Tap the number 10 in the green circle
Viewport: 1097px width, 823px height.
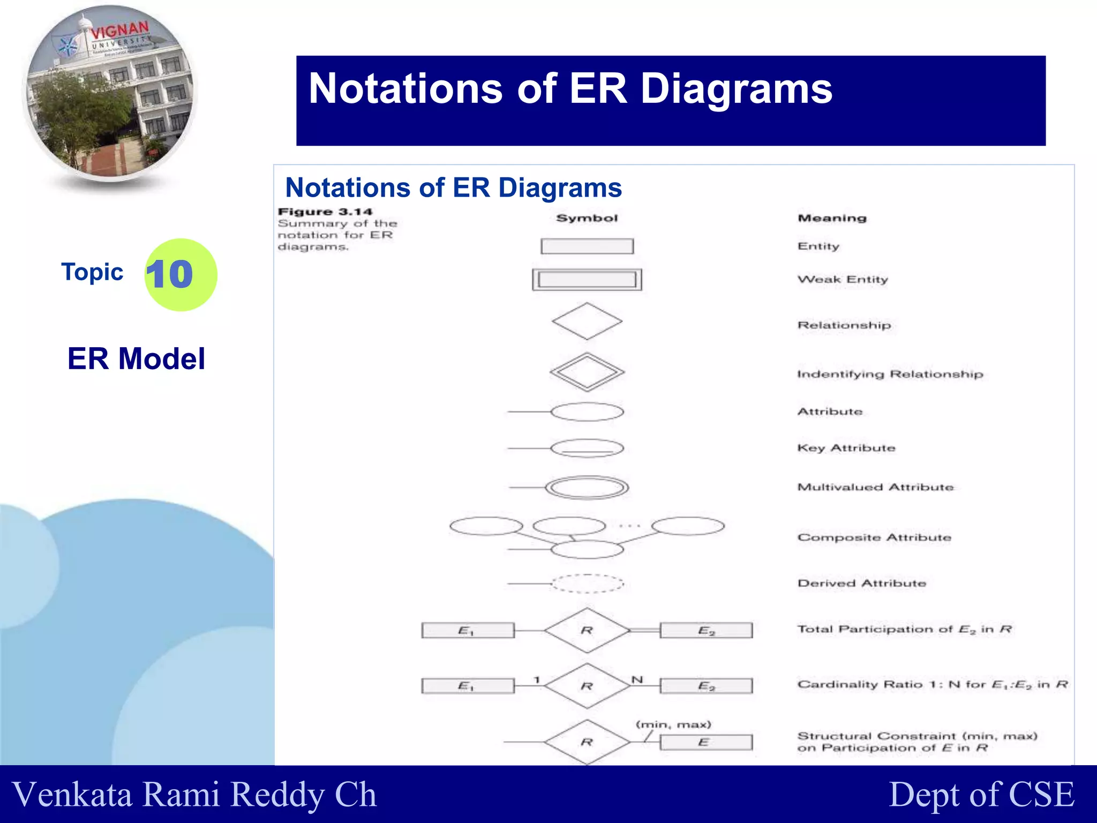[169, 274]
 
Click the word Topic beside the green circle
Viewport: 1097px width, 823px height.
[92, 272]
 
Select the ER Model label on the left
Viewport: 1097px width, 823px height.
[136, 358]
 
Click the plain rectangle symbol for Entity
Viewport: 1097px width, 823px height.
[587, 246]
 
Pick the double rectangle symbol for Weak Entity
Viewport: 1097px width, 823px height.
[587, 280]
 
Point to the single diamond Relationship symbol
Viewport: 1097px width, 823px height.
[587, 321]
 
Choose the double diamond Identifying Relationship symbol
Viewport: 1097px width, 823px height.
[587, 371]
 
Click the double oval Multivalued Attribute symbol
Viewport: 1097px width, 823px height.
[587, 488]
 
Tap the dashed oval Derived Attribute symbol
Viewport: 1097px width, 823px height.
[587, 583]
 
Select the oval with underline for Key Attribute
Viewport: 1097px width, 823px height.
[587, 448]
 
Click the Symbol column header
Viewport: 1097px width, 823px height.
[587, 218]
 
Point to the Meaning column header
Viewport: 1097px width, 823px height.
[832, 218]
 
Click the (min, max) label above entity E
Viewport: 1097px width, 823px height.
[673, 725]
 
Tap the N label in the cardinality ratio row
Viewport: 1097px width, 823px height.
[637, 679]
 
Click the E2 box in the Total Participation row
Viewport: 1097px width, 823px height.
[706, 631]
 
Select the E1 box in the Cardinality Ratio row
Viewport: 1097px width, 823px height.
[467, 686]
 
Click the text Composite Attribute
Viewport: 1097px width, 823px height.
[874, 537]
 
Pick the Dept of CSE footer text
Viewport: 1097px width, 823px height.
[981, 794]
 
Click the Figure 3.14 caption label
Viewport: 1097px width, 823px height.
[325, 212]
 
